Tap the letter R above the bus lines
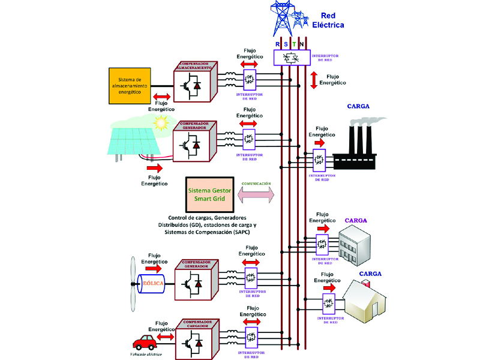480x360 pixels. pos(278,43)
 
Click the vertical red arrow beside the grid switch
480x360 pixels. pos(313,80)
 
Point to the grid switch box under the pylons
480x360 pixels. pos(292,58)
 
